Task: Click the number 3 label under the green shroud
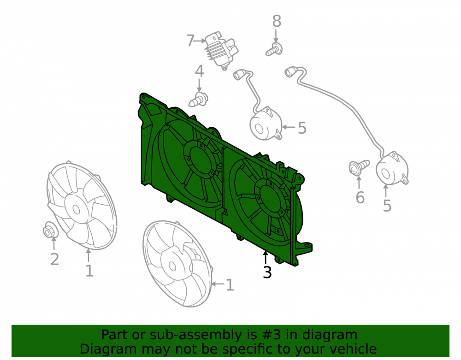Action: click(x=267, y=272)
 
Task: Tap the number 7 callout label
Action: click(x=190, y=41)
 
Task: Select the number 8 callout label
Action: click(x=277, y=21)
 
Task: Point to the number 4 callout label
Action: click(x=199, y=71)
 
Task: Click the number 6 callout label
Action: click(x=360, y=197)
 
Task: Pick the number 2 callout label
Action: click(x=55, y=259)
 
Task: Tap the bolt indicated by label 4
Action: click(x=198, y=100)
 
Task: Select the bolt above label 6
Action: click(x=359, y=167)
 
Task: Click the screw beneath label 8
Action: click(x=274, y=49)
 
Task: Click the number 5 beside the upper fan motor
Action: click(x=302, y=128)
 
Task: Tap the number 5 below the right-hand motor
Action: click(x=387, y=206)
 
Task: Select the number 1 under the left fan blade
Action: click(x=89, y=271)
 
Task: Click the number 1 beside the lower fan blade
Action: click(x=230, y=285)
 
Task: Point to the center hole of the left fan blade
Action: click(x=76, y=210)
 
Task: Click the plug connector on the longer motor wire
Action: click(x=290, y=72)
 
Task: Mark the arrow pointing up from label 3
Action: click(x=266, y=258)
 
